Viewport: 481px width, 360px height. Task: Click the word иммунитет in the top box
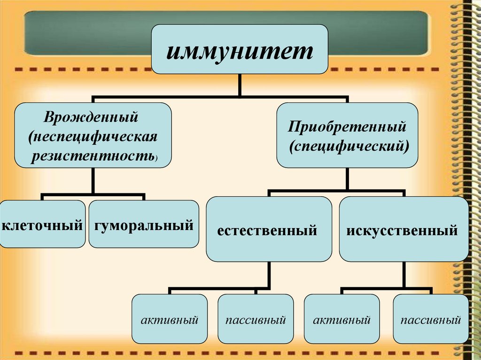[x=239, y=50]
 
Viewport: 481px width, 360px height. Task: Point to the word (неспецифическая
[x=92, y=137]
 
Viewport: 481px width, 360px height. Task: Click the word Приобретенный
[x=347, y=126]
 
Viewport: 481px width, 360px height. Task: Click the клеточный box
[x=42, y=225]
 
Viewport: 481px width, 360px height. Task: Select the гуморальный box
[x=143, y=225]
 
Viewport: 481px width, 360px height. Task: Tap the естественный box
[x=268, y=230]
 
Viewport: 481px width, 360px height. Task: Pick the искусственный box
[x=403, y=230]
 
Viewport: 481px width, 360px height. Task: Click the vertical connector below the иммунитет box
[x=240, y=86]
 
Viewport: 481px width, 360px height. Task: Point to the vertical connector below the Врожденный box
[x=93, y=180]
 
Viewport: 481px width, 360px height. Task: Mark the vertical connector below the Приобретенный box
[x=347, y=179]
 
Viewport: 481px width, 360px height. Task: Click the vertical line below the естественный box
[x=269, y=275]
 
